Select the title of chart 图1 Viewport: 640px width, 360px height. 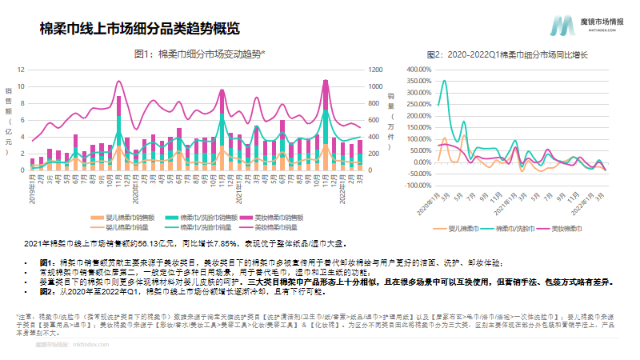[199, 54]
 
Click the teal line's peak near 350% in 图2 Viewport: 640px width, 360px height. [445, 81]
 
